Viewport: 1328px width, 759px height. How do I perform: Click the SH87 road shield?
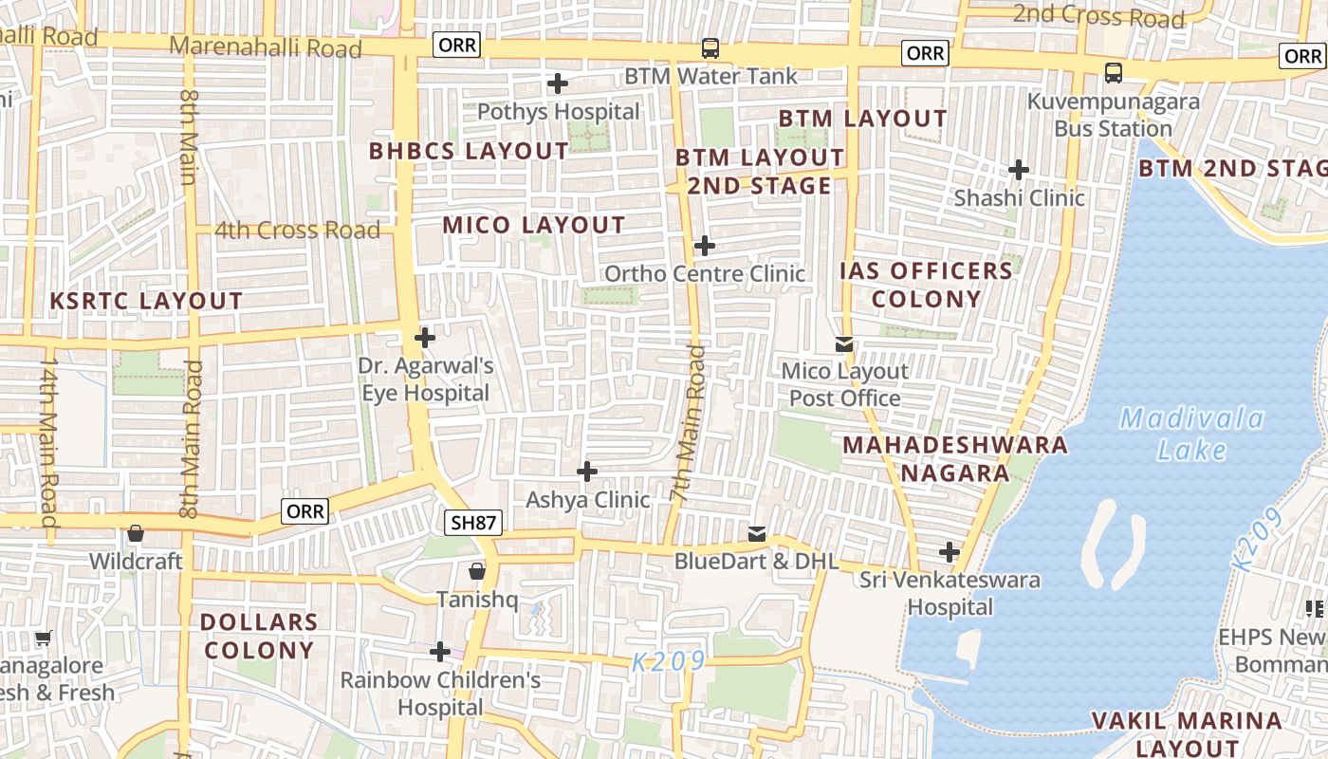(471, 522)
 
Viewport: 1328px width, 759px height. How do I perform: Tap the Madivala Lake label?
(1191, 434)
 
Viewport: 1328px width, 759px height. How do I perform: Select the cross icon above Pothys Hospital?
(558, 83)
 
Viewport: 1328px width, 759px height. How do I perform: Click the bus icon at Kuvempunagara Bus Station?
(1114, 72)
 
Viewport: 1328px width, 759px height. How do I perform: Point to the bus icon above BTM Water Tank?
(710, 47)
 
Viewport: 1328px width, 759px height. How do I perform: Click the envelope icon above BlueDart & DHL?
(756, 534)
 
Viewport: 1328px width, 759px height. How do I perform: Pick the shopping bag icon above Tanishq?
(476, 571)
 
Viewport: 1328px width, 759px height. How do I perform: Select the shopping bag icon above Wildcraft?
(136, 533)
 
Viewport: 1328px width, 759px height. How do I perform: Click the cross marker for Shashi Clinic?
(1019, 170)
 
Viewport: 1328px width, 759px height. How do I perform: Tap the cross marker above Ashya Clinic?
(587, 472)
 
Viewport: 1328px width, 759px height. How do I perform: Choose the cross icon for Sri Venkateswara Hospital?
(950, 552)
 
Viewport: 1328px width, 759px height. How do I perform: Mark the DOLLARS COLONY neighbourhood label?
(258, 636)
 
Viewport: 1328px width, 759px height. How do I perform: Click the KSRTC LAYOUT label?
(146, 301)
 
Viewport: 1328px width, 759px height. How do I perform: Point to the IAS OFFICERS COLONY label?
(926, 285)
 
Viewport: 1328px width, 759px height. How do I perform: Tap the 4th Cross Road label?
(297, 230)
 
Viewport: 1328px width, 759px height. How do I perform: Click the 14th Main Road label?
(47, 441)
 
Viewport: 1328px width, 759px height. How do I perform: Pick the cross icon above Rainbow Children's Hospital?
(440, 652)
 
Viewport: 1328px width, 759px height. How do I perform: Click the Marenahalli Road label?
(266, 47)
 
